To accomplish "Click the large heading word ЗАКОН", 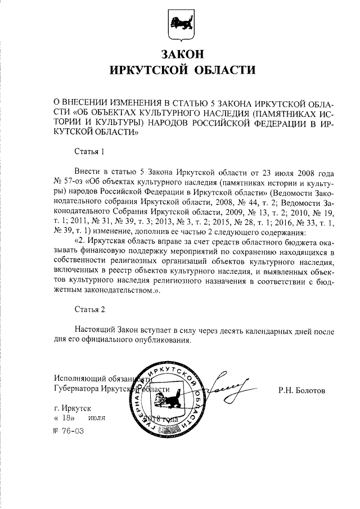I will click(x=180, y=55).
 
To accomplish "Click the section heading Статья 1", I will click(x=89, y=151).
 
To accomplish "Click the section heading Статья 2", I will click(x=89, y=309).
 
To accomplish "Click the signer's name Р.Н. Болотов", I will click(x=301, y=389).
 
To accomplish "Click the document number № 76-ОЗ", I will click(x=68, y=431).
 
